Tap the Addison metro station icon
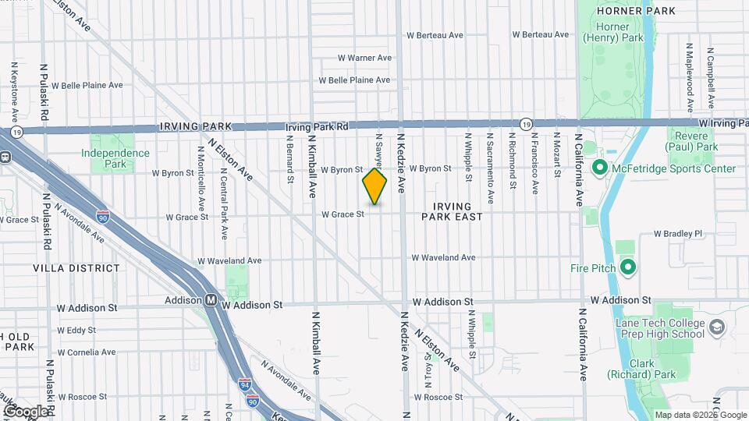click(211, 300)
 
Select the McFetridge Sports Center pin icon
click(600, 168)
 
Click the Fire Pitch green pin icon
click(629, 268)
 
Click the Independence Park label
click(115, 158)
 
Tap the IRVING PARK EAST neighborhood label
click(453, 210)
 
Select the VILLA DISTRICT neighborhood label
click(76, 268)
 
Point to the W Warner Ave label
click(364, 58)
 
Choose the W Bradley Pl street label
click(678, 233)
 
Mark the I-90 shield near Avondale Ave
click(103, 217)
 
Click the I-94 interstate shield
click(245, 384)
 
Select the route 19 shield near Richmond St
click(527, 123)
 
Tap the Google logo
click(25, 411)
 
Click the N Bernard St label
click(289, 161)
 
